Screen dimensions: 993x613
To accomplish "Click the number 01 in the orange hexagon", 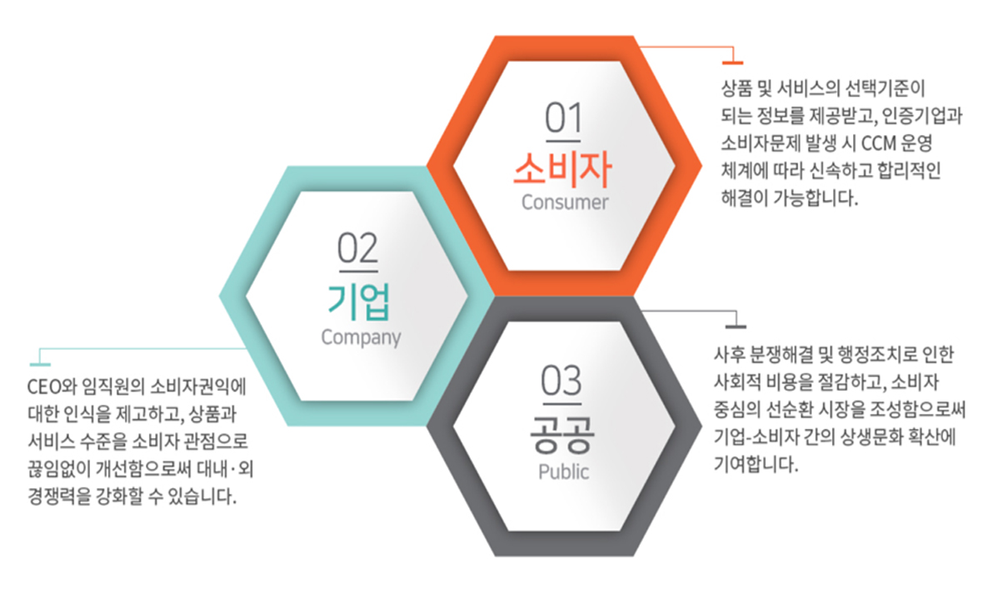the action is pos(563,118).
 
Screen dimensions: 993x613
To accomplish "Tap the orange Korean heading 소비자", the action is pos(562,169).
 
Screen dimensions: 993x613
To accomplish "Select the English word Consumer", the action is pos(564,202).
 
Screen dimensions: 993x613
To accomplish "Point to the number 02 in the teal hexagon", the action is pos(358,248).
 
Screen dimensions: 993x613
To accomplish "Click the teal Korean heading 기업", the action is pos(359,302).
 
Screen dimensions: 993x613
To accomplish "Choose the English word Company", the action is pos(361,337).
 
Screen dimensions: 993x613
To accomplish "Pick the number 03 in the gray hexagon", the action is pos(561,381).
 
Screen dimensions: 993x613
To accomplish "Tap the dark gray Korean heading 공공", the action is pos(562,435).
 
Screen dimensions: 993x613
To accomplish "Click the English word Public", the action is pos(564,471).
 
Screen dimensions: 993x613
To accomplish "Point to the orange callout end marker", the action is pos(733,62).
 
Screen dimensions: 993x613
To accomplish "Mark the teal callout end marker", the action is pos(40,364).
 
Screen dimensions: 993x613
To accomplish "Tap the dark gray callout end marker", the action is pos(736,326).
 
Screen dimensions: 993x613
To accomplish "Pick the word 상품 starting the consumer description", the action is pos(736,88).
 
